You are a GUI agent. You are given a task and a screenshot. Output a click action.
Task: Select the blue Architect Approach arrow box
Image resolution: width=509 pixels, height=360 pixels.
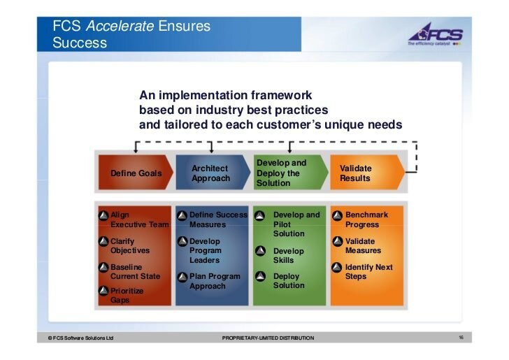210,173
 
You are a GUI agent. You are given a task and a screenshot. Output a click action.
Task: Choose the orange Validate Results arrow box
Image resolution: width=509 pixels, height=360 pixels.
364,173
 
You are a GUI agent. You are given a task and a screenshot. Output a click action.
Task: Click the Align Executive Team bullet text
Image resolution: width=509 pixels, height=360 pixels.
139,219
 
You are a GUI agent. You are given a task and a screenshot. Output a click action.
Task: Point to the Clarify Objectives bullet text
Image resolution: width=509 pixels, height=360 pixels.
130,246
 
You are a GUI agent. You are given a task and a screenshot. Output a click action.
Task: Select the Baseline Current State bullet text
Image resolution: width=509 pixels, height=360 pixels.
135,272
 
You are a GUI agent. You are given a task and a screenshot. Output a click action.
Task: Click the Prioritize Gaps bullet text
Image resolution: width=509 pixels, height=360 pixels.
127,295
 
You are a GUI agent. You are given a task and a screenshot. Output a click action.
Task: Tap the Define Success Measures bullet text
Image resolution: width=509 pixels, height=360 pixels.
217,219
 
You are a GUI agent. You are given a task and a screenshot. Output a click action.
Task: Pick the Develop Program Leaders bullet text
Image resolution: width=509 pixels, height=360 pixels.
205,250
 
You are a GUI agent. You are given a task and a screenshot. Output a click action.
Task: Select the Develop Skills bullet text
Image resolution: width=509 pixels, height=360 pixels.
288,255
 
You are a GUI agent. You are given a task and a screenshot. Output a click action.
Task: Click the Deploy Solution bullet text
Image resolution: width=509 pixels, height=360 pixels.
288,281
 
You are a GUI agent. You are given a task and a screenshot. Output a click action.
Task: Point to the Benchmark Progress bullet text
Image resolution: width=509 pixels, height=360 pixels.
366,219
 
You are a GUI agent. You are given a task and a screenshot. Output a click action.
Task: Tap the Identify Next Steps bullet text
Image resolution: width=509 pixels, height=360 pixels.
368,272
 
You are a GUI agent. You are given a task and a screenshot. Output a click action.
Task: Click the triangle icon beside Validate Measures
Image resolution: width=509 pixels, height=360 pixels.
337,242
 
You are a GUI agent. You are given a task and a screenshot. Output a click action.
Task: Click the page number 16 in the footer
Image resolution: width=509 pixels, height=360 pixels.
461,338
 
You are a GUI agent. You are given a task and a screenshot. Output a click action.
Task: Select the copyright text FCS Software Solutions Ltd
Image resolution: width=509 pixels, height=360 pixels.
77,338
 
